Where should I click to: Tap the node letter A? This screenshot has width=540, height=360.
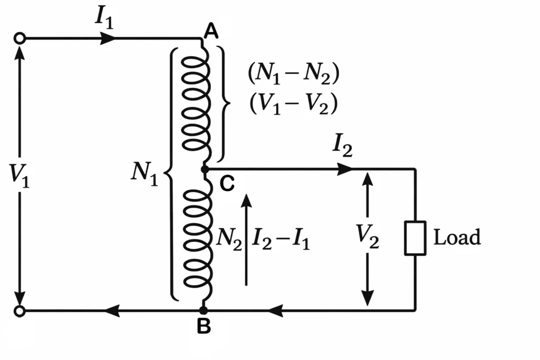pos(211,33)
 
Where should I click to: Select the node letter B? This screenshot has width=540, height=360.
pos(204,327)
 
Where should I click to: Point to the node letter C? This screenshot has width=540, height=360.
pos(226,184)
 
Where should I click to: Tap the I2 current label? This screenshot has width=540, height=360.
pos(342,147)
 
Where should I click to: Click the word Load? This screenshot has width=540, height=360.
pos(457,238)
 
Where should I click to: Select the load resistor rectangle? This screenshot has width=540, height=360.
pos(415,238)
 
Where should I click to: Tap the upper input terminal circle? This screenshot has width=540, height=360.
pos(20,38)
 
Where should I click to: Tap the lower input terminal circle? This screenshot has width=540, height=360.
pos(20,311)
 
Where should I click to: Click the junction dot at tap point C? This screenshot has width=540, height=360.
pos(205,169)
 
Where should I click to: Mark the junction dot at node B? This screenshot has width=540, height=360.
pos(204,311)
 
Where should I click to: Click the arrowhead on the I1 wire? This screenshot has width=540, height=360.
pos(109,38)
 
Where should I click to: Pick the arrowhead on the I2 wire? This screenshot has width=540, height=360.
pos(344,169)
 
